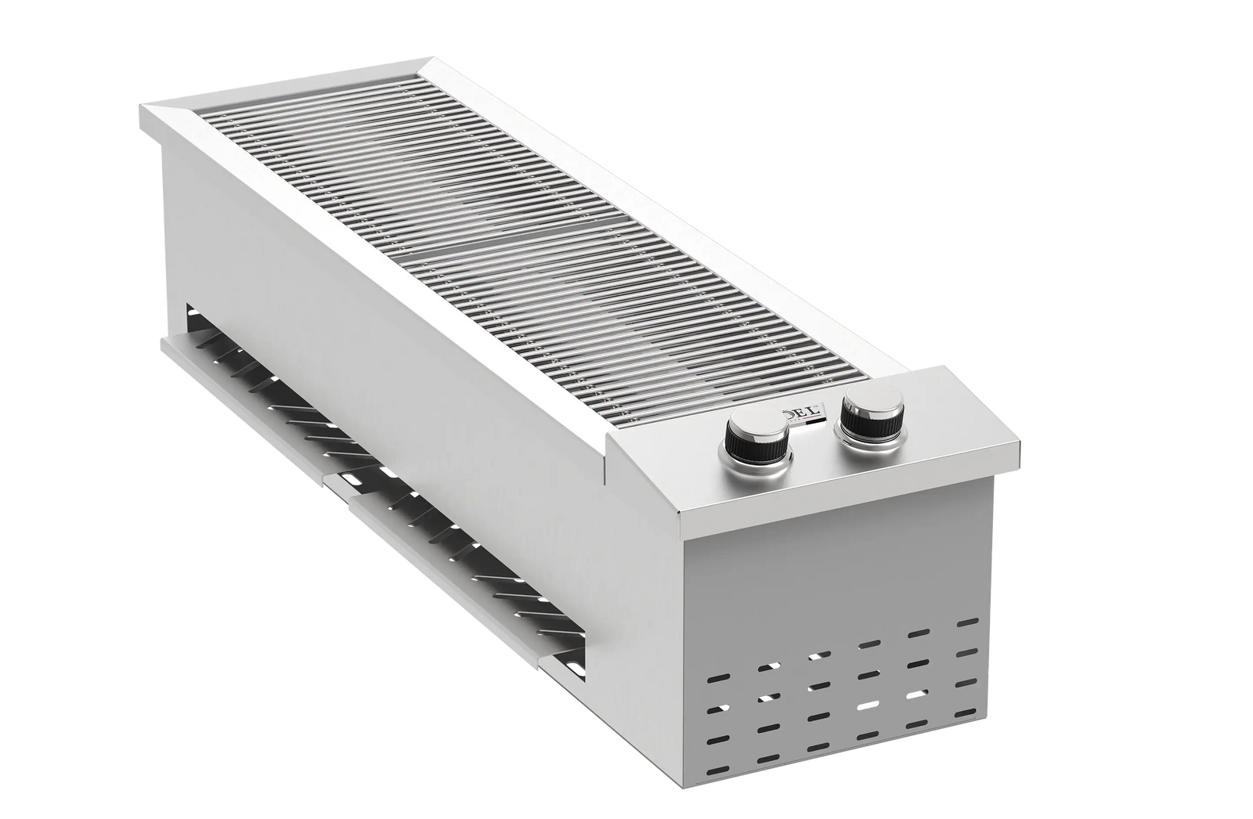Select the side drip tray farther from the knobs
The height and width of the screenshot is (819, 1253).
click(x=258, y=391)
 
